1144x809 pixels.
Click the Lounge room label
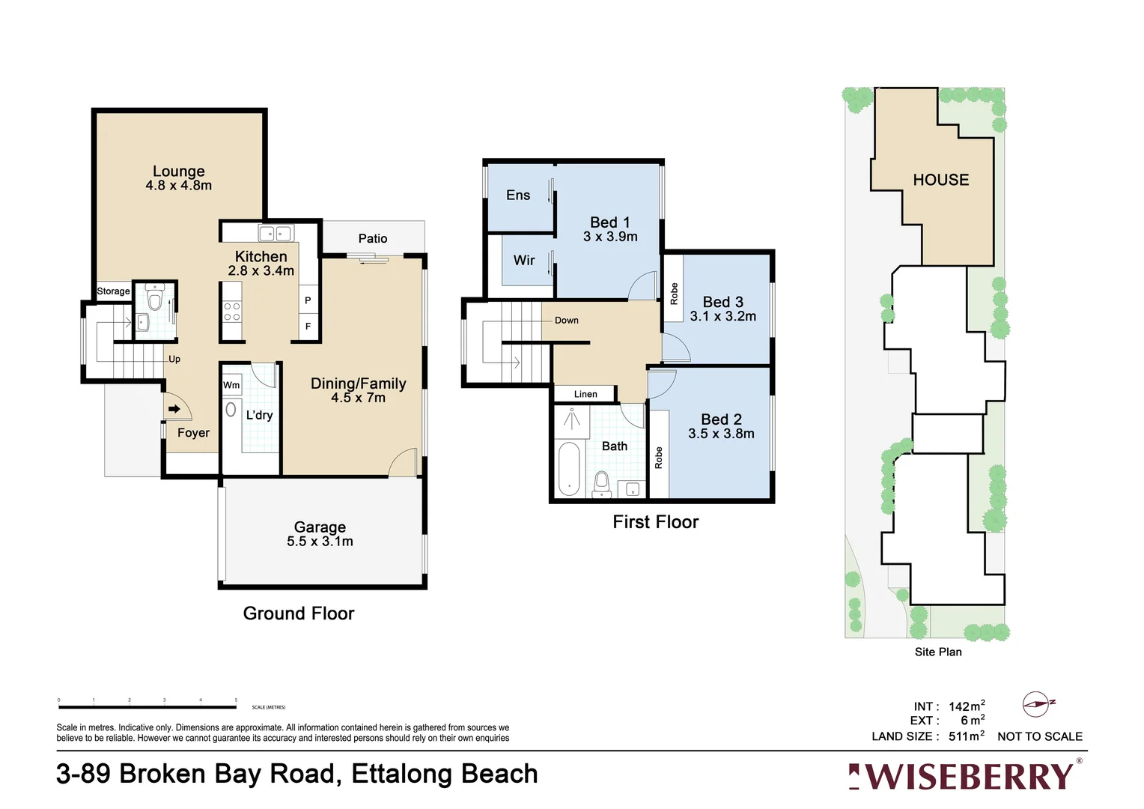pos(178,172)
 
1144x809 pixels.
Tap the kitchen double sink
pos(275,234)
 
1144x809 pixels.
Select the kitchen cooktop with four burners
pos(232,312)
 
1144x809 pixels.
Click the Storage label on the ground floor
pos(113,291)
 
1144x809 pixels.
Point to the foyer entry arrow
pos(174,409)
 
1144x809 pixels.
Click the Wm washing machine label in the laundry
pos(231,385)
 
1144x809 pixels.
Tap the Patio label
pos(372,238)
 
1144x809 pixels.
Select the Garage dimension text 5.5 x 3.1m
pos(320,542)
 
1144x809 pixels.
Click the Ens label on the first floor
pos(517,195)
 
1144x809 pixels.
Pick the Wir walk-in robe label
pos(523,260)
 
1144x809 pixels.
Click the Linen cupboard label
pos(585,394)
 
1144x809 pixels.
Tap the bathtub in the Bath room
pos(569,468)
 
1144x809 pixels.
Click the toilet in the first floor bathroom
pos(602,482)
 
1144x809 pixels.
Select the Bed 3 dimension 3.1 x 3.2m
pos(722,316)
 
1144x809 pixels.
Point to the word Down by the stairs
pos(566,321)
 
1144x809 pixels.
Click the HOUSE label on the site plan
pos(940,180)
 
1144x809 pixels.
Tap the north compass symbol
pos(1037,704)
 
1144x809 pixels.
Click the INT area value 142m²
pos(966,706)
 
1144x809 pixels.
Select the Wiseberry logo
pos(964,776)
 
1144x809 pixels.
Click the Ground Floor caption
pos(298,613)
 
